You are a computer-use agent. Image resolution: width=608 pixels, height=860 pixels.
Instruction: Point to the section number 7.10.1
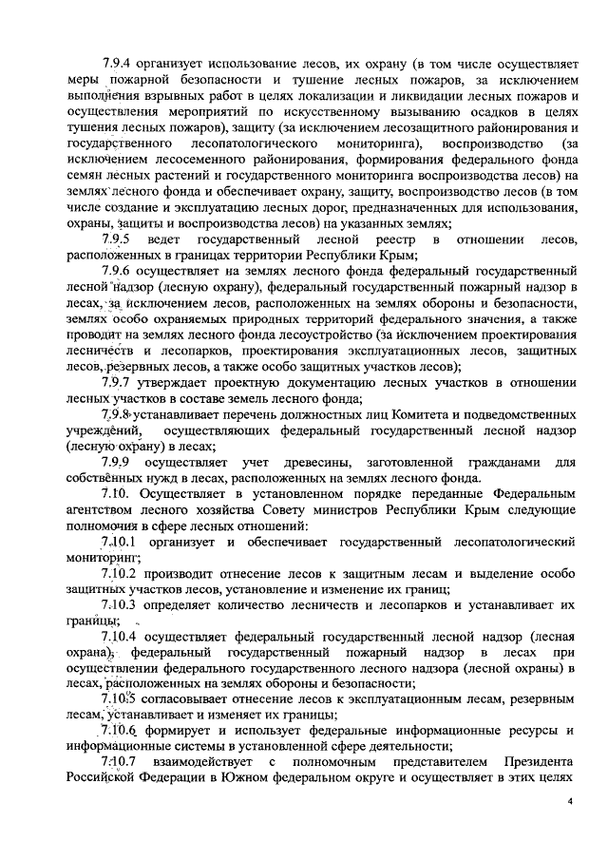click(121, 542)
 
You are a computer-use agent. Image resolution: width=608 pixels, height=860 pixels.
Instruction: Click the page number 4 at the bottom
click(570, 802)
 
